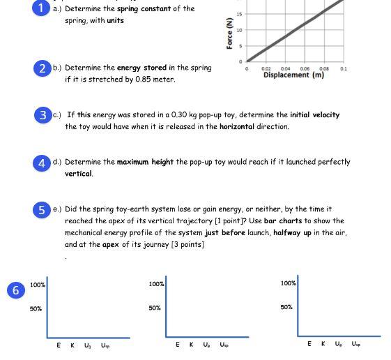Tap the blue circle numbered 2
[43, 68]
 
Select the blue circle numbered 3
[43, 115]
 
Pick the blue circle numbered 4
[43, 162]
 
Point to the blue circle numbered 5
[43, 209]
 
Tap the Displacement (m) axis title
[293, 75]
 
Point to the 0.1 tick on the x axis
[344, 69]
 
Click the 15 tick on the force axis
[240, 15]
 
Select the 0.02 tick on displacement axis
[266, 69]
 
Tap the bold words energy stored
[141, 68]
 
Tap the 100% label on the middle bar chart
[156, 284]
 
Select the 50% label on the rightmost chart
[286, 307]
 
